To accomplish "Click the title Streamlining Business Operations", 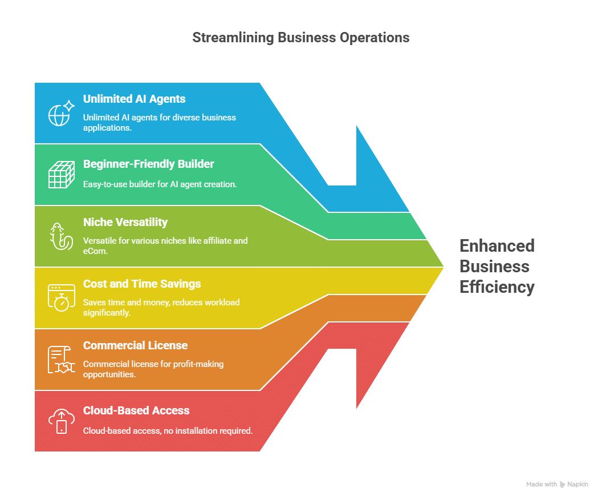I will tap(300, 38).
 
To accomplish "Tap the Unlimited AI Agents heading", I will tap(134, 99).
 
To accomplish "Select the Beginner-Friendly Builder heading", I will tap(148, 164).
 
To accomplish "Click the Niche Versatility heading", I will tap(125, 222).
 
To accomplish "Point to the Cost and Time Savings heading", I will tap(142, 284).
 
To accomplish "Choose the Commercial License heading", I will tap(135, 345).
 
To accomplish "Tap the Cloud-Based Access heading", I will tap(136, 410).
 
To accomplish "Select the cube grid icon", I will tap(61, 175).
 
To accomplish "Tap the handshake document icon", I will tap(61, 360).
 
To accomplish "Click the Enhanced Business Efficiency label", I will tap(497, 266).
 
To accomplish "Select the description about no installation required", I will tap(168, 431).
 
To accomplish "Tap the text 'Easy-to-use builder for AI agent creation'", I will tap(160, 184).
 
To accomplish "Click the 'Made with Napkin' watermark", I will tap(557, 484).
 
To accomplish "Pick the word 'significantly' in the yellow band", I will tap(107, 312).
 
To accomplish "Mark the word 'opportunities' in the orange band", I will tap(108, 374).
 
